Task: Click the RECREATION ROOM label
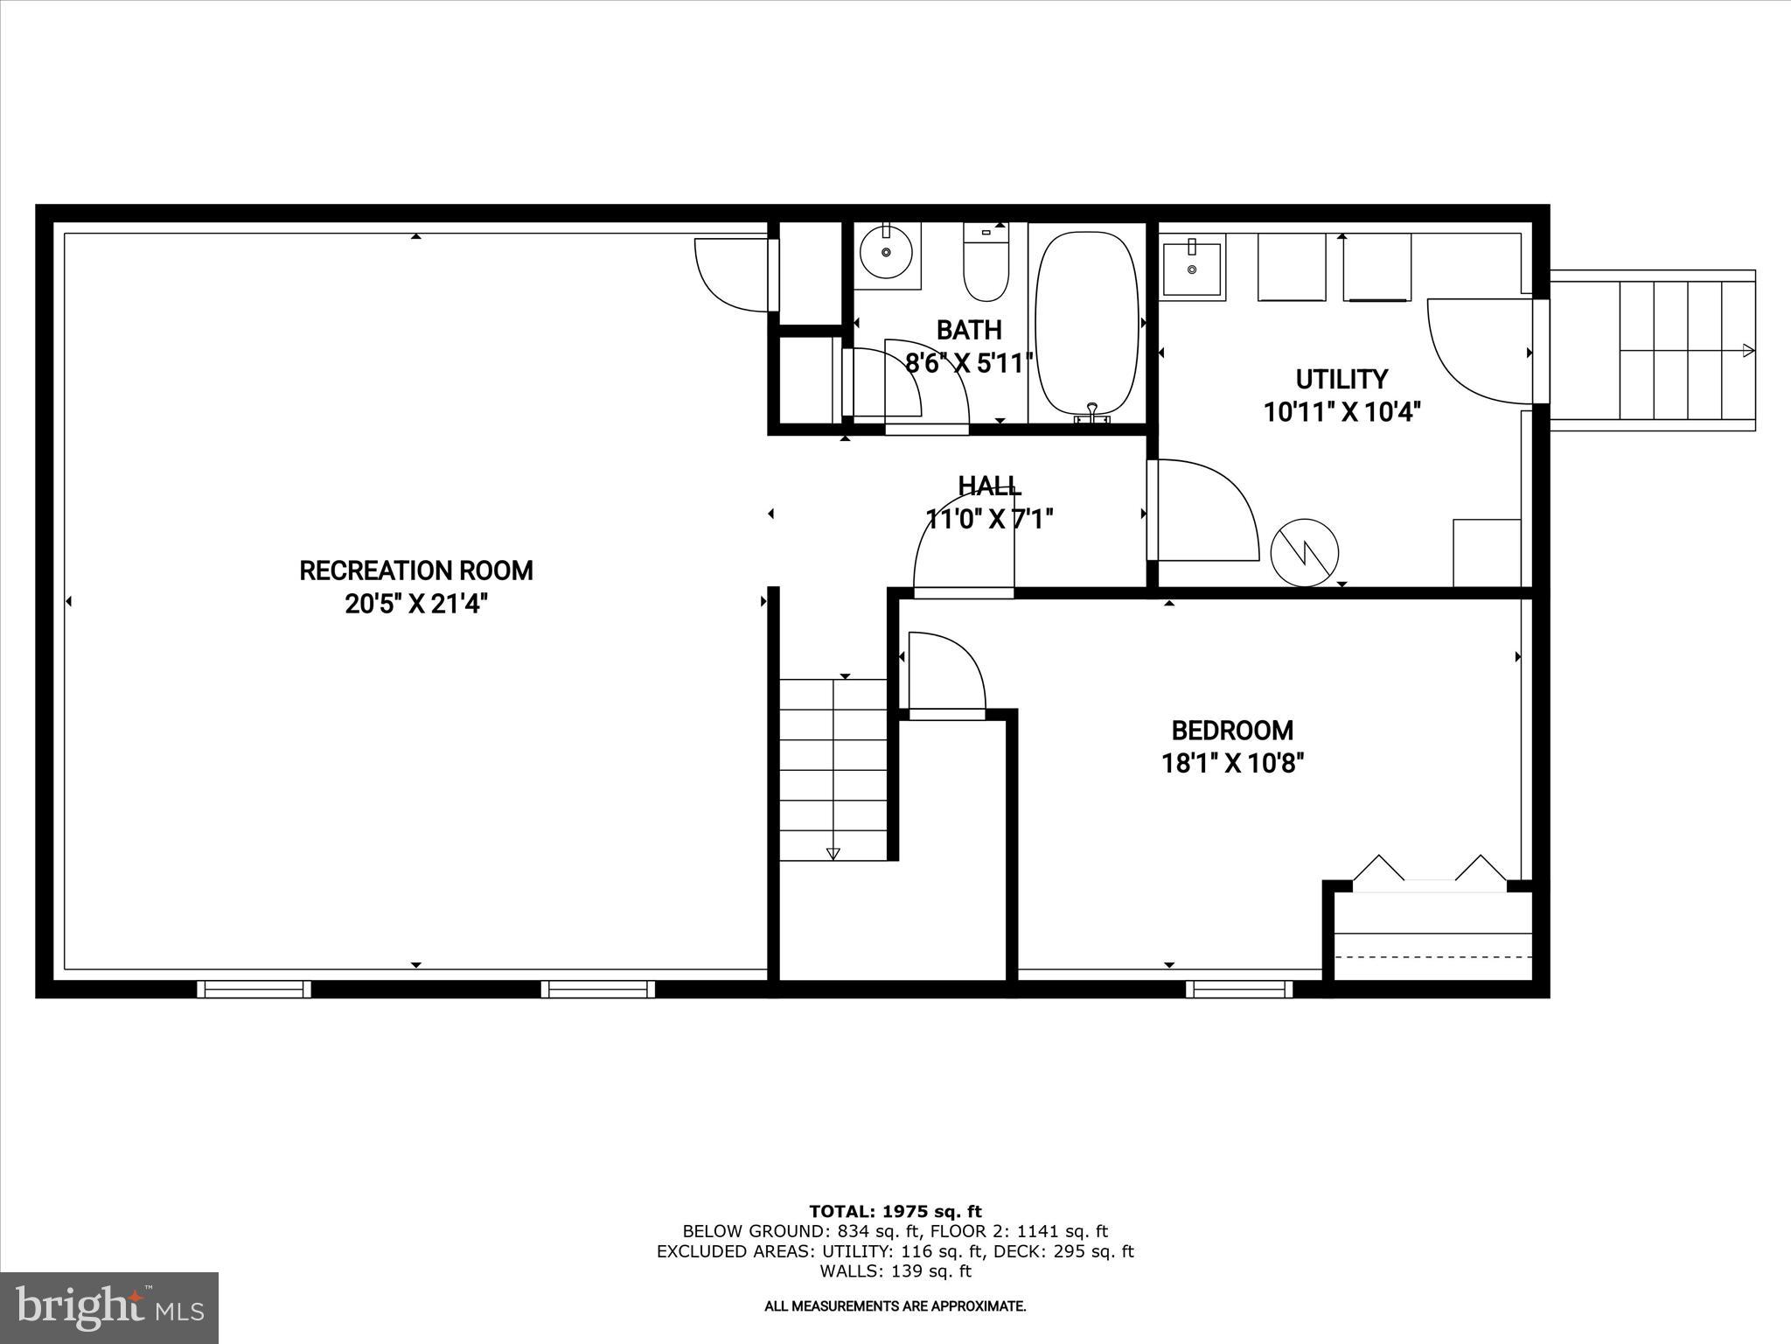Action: [x=416, y=570]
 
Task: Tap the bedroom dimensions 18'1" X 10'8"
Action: [x=1232, y=764]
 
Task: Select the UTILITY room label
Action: [x=1342, y=379]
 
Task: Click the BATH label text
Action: [x=969, y=330]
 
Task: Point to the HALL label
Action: [x=989, y=486]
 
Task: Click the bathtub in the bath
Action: [x=1087, y=323]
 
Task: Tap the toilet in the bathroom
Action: [x=986, y=262]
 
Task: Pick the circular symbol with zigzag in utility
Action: [x=1304, y=553]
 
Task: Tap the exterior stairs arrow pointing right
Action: [x=1747, y=351]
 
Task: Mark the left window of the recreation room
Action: [x=254, y=989]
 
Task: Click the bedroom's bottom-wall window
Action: [x=1238, y=989]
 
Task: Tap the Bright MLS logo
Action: [x=109, y=1308]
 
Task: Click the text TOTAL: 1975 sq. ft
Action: [x=895, y=1212]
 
